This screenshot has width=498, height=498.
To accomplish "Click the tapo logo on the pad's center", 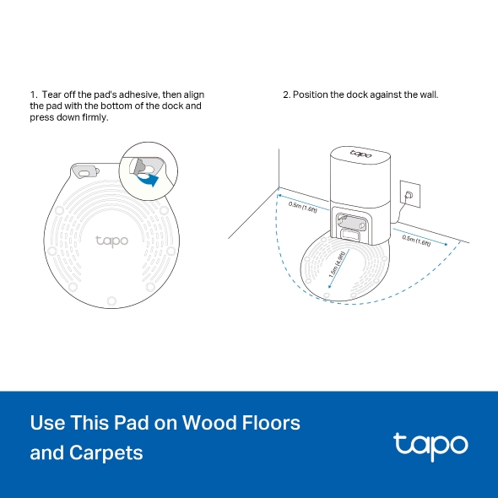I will tap(111, 241).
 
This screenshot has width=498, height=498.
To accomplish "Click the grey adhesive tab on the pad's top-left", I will tap(85, 170).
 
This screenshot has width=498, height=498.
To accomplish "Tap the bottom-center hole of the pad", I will tap(111, 299).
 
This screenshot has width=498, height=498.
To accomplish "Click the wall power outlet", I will tap(408, 195).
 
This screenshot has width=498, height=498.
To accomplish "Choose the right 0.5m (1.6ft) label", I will tap(417, 240).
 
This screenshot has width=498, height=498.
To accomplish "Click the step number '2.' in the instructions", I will tap(286, 95).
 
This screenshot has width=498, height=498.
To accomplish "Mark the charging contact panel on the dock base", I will tap(350, 224).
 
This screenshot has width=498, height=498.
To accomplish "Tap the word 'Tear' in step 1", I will tap(51, 95).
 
